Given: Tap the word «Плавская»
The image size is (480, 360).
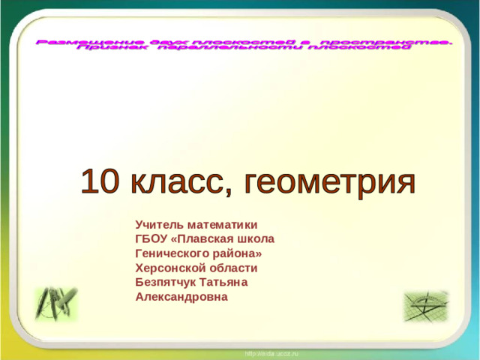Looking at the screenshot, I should coord(208,238).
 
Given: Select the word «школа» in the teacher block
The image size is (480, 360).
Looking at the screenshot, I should coord(257,238).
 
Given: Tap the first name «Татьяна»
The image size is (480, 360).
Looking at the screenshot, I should coord(223,281).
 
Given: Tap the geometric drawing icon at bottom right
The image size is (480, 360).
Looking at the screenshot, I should coord(425,306).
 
